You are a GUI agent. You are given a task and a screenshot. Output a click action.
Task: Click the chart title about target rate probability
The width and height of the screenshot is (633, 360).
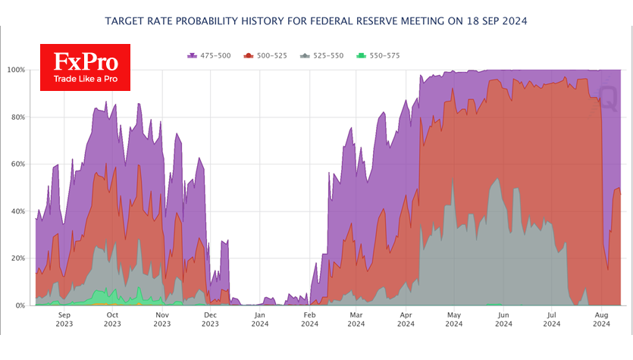point(316,21)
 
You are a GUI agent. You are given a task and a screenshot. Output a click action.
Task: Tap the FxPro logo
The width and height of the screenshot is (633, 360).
point(85,67)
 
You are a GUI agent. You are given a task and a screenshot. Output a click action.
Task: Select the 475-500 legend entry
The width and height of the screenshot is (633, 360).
point(209,55)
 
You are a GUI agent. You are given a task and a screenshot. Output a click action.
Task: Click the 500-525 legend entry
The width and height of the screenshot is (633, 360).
point(265,55)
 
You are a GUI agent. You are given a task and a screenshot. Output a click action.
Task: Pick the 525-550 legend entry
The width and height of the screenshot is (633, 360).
point(321,55)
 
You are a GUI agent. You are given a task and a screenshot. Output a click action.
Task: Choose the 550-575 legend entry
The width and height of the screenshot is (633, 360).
point(378,55)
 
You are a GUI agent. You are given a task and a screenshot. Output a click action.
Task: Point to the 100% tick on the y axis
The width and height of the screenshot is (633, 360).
point(16,70)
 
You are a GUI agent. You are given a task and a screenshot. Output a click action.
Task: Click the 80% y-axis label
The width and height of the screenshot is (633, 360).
point(17,117)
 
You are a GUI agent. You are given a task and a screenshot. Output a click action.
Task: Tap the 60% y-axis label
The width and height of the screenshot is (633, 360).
point(17,164)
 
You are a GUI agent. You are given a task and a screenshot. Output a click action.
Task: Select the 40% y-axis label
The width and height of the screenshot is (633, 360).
point(17,211)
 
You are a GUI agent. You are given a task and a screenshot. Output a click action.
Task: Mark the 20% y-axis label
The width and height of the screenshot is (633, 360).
point(17,258)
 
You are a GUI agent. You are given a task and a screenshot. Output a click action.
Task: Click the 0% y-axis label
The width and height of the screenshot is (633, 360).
point(20,305)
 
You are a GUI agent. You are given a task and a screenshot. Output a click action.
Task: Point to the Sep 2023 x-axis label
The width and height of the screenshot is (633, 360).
point(64,319)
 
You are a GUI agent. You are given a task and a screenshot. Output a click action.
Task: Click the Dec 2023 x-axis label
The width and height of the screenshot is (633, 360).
point(210,319)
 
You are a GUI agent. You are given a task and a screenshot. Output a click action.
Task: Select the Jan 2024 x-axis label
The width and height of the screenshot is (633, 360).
point(259,319)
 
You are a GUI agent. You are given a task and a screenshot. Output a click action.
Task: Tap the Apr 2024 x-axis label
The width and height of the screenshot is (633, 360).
point(406,319)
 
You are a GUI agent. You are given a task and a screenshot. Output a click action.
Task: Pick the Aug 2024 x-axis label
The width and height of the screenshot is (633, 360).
point(601,319)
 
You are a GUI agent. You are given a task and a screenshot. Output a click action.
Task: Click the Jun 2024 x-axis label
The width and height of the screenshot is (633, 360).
point(503,319)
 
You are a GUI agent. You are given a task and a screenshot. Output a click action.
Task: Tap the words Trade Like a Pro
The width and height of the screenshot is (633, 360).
point(86,79)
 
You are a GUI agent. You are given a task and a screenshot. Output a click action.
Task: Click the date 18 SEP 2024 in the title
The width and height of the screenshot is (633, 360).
point(497,21)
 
